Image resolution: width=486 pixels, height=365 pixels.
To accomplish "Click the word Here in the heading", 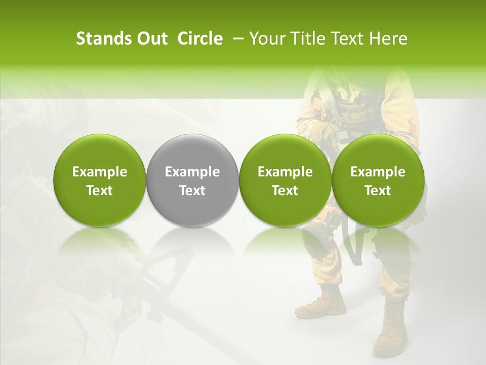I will click(387, 39).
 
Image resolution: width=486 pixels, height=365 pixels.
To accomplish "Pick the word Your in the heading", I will click(266, 39).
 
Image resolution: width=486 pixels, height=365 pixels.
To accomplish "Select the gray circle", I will click(192, 180).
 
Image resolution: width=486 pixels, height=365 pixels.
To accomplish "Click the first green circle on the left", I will click(100, 180).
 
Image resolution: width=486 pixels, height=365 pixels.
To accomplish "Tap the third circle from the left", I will click(285, 180).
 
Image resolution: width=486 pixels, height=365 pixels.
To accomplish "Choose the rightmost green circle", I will click(378, 180).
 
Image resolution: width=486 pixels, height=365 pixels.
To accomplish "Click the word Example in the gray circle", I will click(192, 172).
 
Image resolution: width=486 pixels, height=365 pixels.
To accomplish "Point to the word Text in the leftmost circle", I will click(100, 191).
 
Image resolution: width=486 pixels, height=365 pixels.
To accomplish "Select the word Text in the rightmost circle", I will click(378, 191).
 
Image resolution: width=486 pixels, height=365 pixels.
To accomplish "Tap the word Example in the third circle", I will click(285, 172).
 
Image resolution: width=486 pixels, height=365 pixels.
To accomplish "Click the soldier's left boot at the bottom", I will click(320, 304).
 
